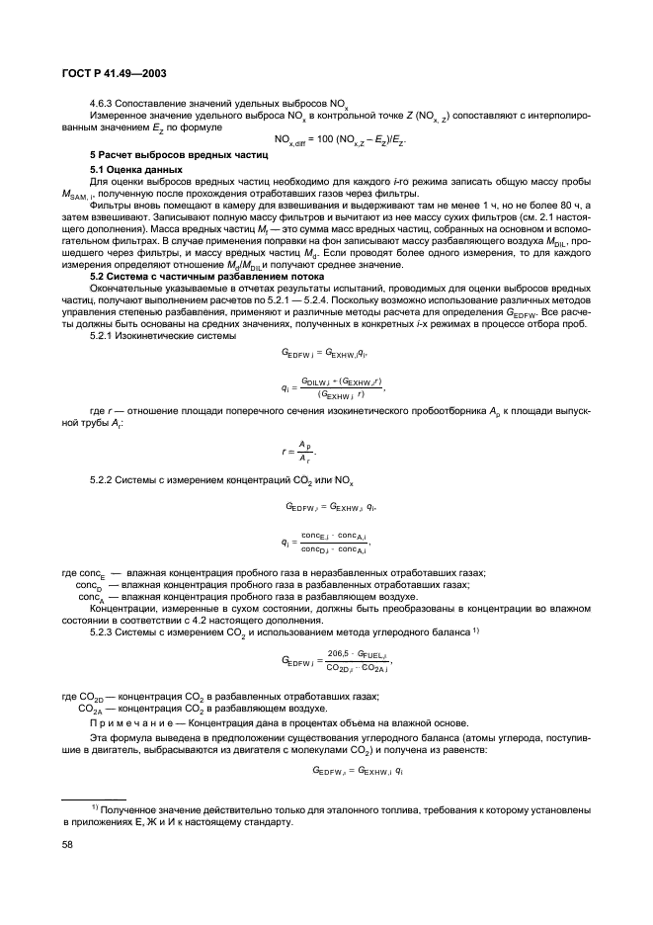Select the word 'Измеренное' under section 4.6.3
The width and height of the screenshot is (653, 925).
click(120, 115)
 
